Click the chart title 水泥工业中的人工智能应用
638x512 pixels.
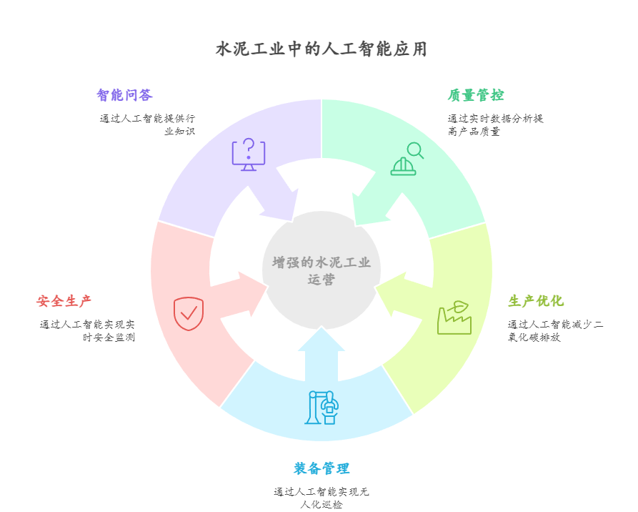[x=322, y=49]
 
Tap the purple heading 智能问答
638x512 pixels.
[x=124, y=95]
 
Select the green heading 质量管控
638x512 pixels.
[x=476, y=95]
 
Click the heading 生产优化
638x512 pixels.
[x=536, y=301]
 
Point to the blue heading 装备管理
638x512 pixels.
[x=322, y=468]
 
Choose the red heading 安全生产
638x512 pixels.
[x=64, y=301]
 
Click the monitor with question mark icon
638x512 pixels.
[x=249, y=154]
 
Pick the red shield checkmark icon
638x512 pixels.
[x=189, y=313]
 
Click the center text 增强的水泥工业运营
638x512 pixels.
[x=322, y=271]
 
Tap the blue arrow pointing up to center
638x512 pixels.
[x=322, y=354]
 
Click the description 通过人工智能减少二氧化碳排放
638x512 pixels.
[x=555, y=330]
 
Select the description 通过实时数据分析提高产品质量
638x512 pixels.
[x=495, y=124]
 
